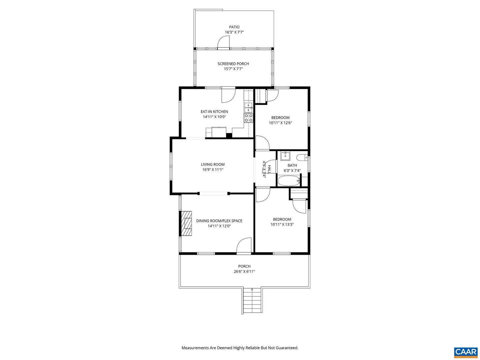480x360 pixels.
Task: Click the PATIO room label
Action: (234, 27)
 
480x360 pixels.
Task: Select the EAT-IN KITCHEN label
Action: (214, 112)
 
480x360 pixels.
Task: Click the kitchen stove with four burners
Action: (249, 118)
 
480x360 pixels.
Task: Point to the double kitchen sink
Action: (248, 108)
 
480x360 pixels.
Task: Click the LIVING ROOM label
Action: (213, 164)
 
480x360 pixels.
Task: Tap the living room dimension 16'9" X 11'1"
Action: (213, 170)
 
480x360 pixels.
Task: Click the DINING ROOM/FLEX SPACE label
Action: (219, 221)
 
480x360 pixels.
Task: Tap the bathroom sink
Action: (285, 156)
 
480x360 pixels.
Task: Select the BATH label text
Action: (292, 165)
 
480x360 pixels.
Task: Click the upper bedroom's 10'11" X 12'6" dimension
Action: (280, 123)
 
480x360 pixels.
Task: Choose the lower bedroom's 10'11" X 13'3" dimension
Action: (282, 224)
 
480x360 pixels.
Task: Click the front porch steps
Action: (252, 301)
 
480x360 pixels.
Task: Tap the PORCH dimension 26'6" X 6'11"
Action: (244, 271)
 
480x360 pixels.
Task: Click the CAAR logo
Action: (466, 346)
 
